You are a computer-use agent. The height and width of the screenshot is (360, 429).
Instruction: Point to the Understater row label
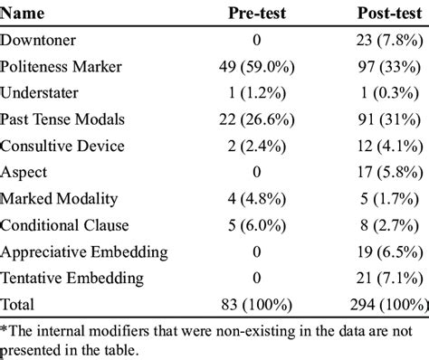point(40,94)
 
